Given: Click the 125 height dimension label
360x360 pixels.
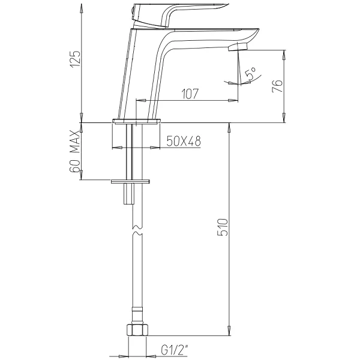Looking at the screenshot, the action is pyautogui.click(x=76, y=59).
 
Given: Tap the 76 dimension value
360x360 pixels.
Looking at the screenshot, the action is pyautogui.click(x=277, y=86).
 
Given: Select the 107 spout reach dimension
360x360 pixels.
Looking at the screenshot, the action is pyautogui.click(x=190, y=94).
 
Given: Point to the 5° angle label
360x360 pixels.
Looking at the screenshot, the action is pyautogui.click(x=250, y=73).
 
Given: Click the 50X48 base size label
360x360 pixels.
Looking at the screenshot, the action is pyautogui.click(x=184, y=141).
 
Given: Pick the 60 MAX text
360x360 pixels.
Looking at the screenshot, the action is pyautogui.click(x=75, y=151).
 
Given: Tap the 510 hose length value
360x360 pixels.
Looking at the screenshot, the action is pyautogui.click(x=223, y=227).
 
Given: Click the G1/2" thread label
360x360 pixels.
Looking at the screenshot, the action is pyautogui.click(x=175, y=350).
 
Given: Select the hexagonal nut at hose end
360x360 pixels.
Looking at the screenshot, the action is pyautogui.click(x=137, y=329).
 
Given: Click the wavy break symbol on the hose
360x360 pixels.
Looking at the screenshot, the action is pyautogui.click(x=137, y=230).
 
